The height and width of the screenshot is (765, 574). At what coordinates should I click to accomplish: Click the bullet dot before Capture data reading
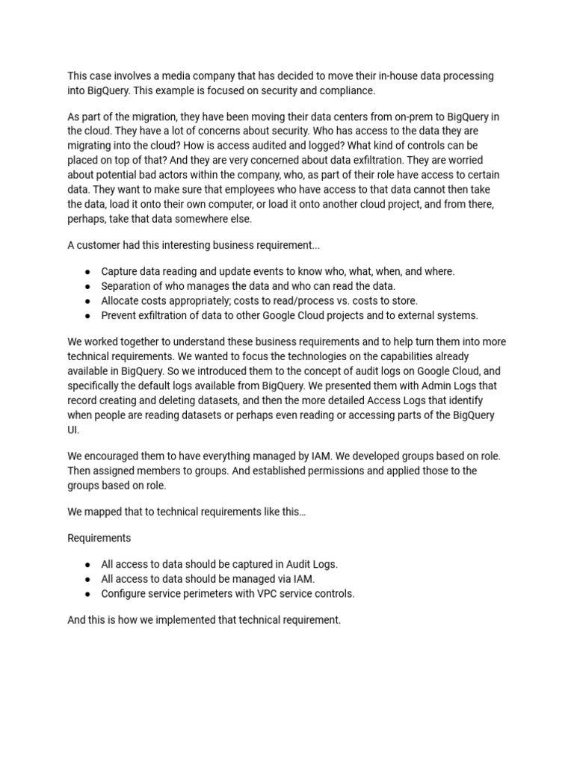88,271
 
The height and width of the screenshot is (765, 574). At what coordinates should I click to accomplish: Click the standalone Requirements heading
99,538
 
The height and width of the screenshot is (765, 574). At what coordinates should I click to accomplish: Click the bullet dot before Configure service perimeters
88,594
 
